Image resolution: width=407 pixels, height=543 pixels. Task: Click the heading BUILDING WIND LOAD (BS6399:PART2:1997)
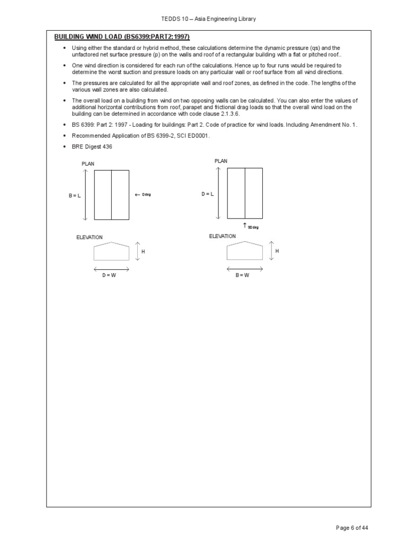pos(122,37)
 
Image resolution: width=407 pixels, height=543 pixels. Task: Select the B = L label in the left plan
pos(75,196)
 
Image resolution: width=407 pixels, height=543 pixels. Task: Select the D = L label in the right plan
pos(208,194)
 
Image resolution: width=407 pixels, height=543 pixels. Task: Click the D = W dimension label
pos(109,275)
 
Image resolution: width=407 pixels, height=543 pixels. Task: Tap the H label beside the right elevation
pos(277,250)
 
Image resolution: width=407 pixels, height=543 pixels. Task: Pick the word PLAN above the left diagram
pos(88,164)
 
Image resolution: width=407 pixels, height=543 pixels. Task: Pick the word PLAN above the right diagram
pos(221,161)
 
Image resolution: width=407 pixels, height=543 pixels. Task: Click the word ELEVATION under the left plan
pos(90,238)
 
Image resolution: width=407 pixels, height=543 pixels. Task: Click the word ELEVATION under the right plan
pos(223,236)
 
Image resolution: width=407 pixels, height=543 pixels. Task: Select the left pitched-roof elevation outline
pos(111,251)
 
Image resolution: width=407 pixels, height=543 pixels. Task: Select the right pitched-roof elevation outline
pos(244,251)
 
